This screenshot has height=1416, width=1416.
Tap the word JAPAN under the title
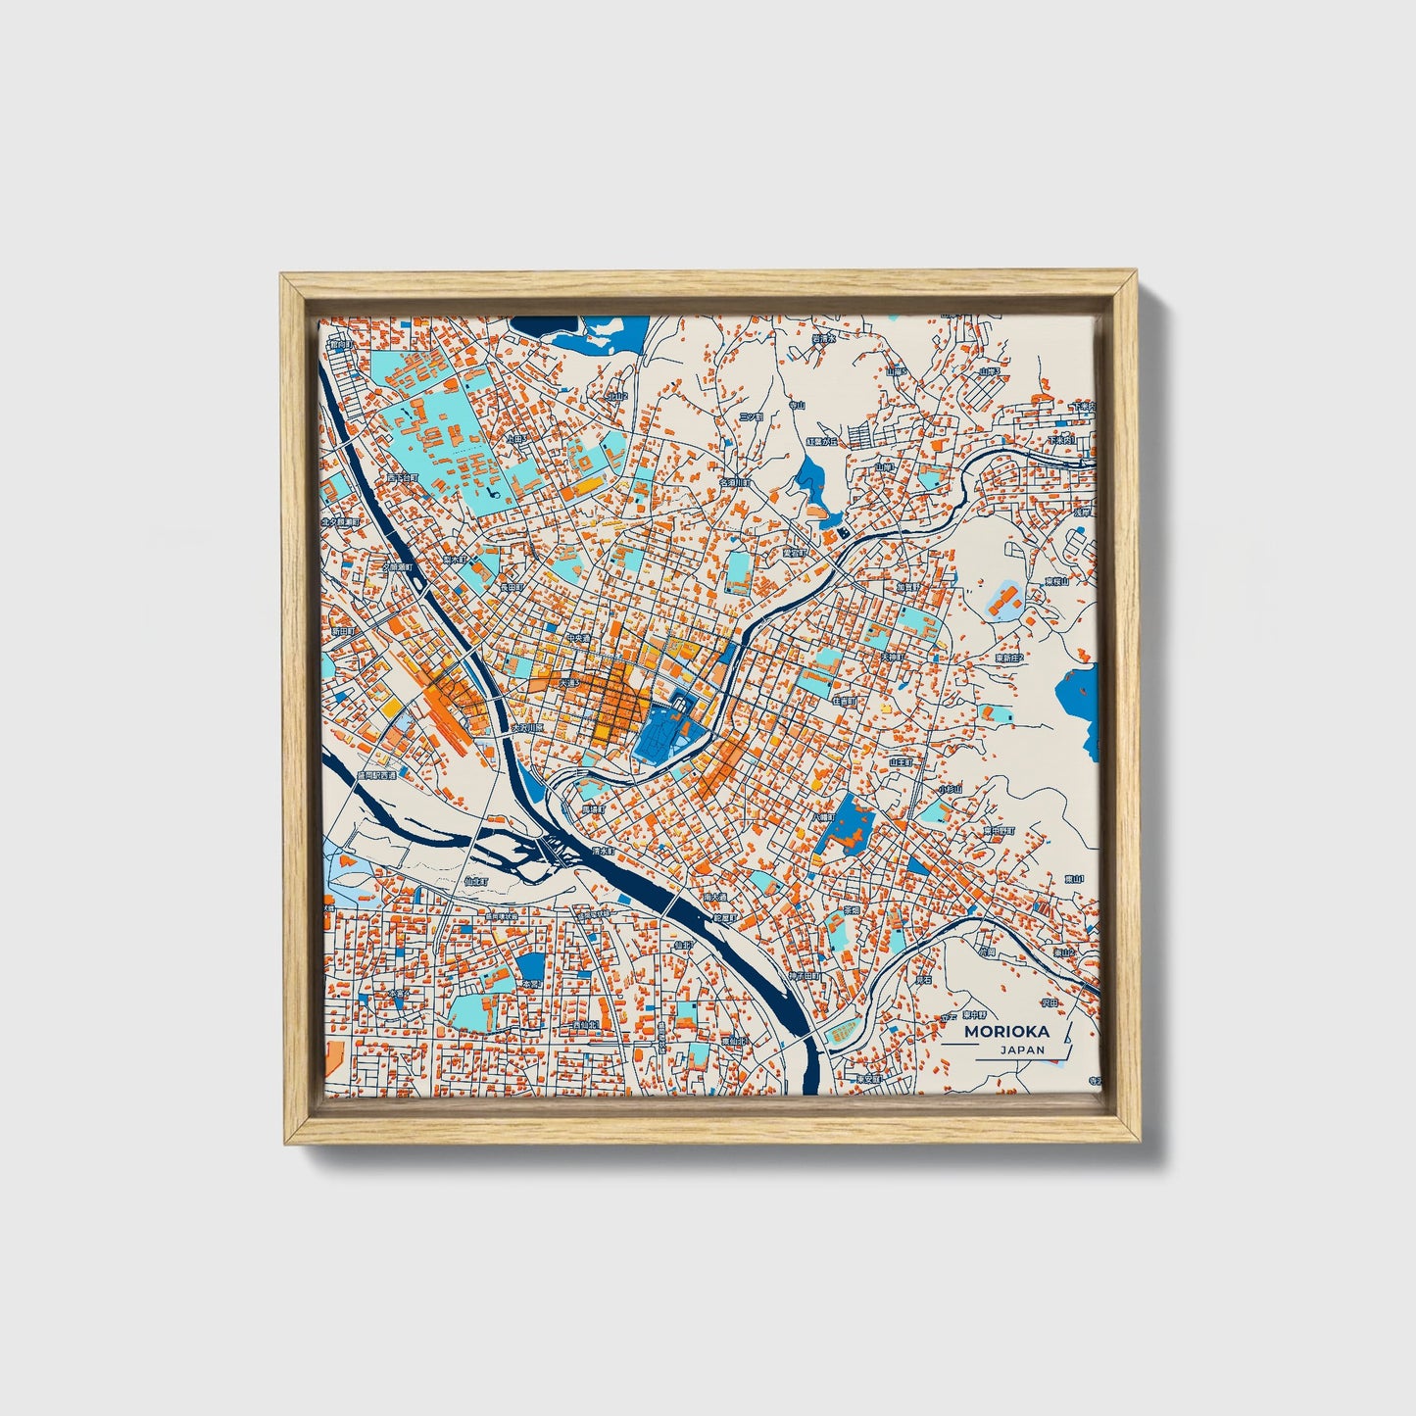click(x=1022, y=1050)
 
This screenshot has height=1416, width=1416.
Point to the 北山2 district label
click(x=615, y=397)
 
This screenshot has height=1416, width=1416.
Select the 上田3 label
click(x=513, y=440)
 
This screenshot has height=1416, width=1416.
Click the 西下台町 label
click(x=402, y=478)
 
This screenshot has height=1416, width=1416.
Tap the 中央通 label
click(x=580, y=638)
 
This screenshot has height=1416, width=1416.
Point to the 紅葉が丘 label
click(x=823, y=442)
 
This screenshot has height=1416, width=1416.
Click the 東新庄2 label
click(x=1009, y=659)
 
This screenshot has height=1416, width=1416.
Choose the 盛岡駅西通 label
click(x=376, y=775)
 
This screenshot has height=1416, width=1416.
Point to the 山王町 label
click(x=901, y=760)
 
